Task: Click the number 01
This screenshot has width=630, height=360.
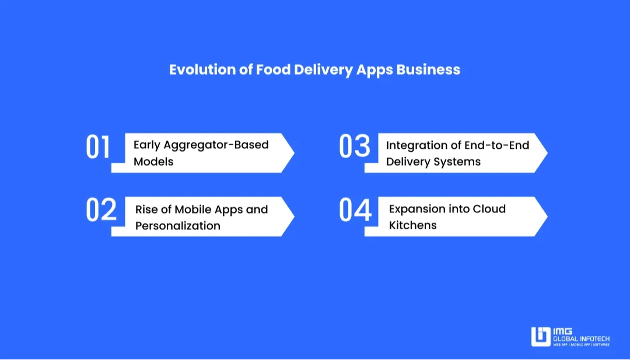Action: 98,147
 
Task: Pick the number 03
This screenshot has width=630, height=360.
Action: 355,147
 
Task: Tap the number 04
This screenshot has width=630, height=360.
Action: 355,210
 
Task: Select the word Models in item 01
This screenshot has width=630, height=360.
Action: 153,162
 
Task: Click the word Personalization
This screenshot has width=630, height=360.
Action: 178,226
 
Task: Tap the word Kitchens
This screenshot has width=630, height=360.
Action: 412,225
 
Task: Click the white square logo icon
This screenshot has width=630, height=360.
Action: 540,337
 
